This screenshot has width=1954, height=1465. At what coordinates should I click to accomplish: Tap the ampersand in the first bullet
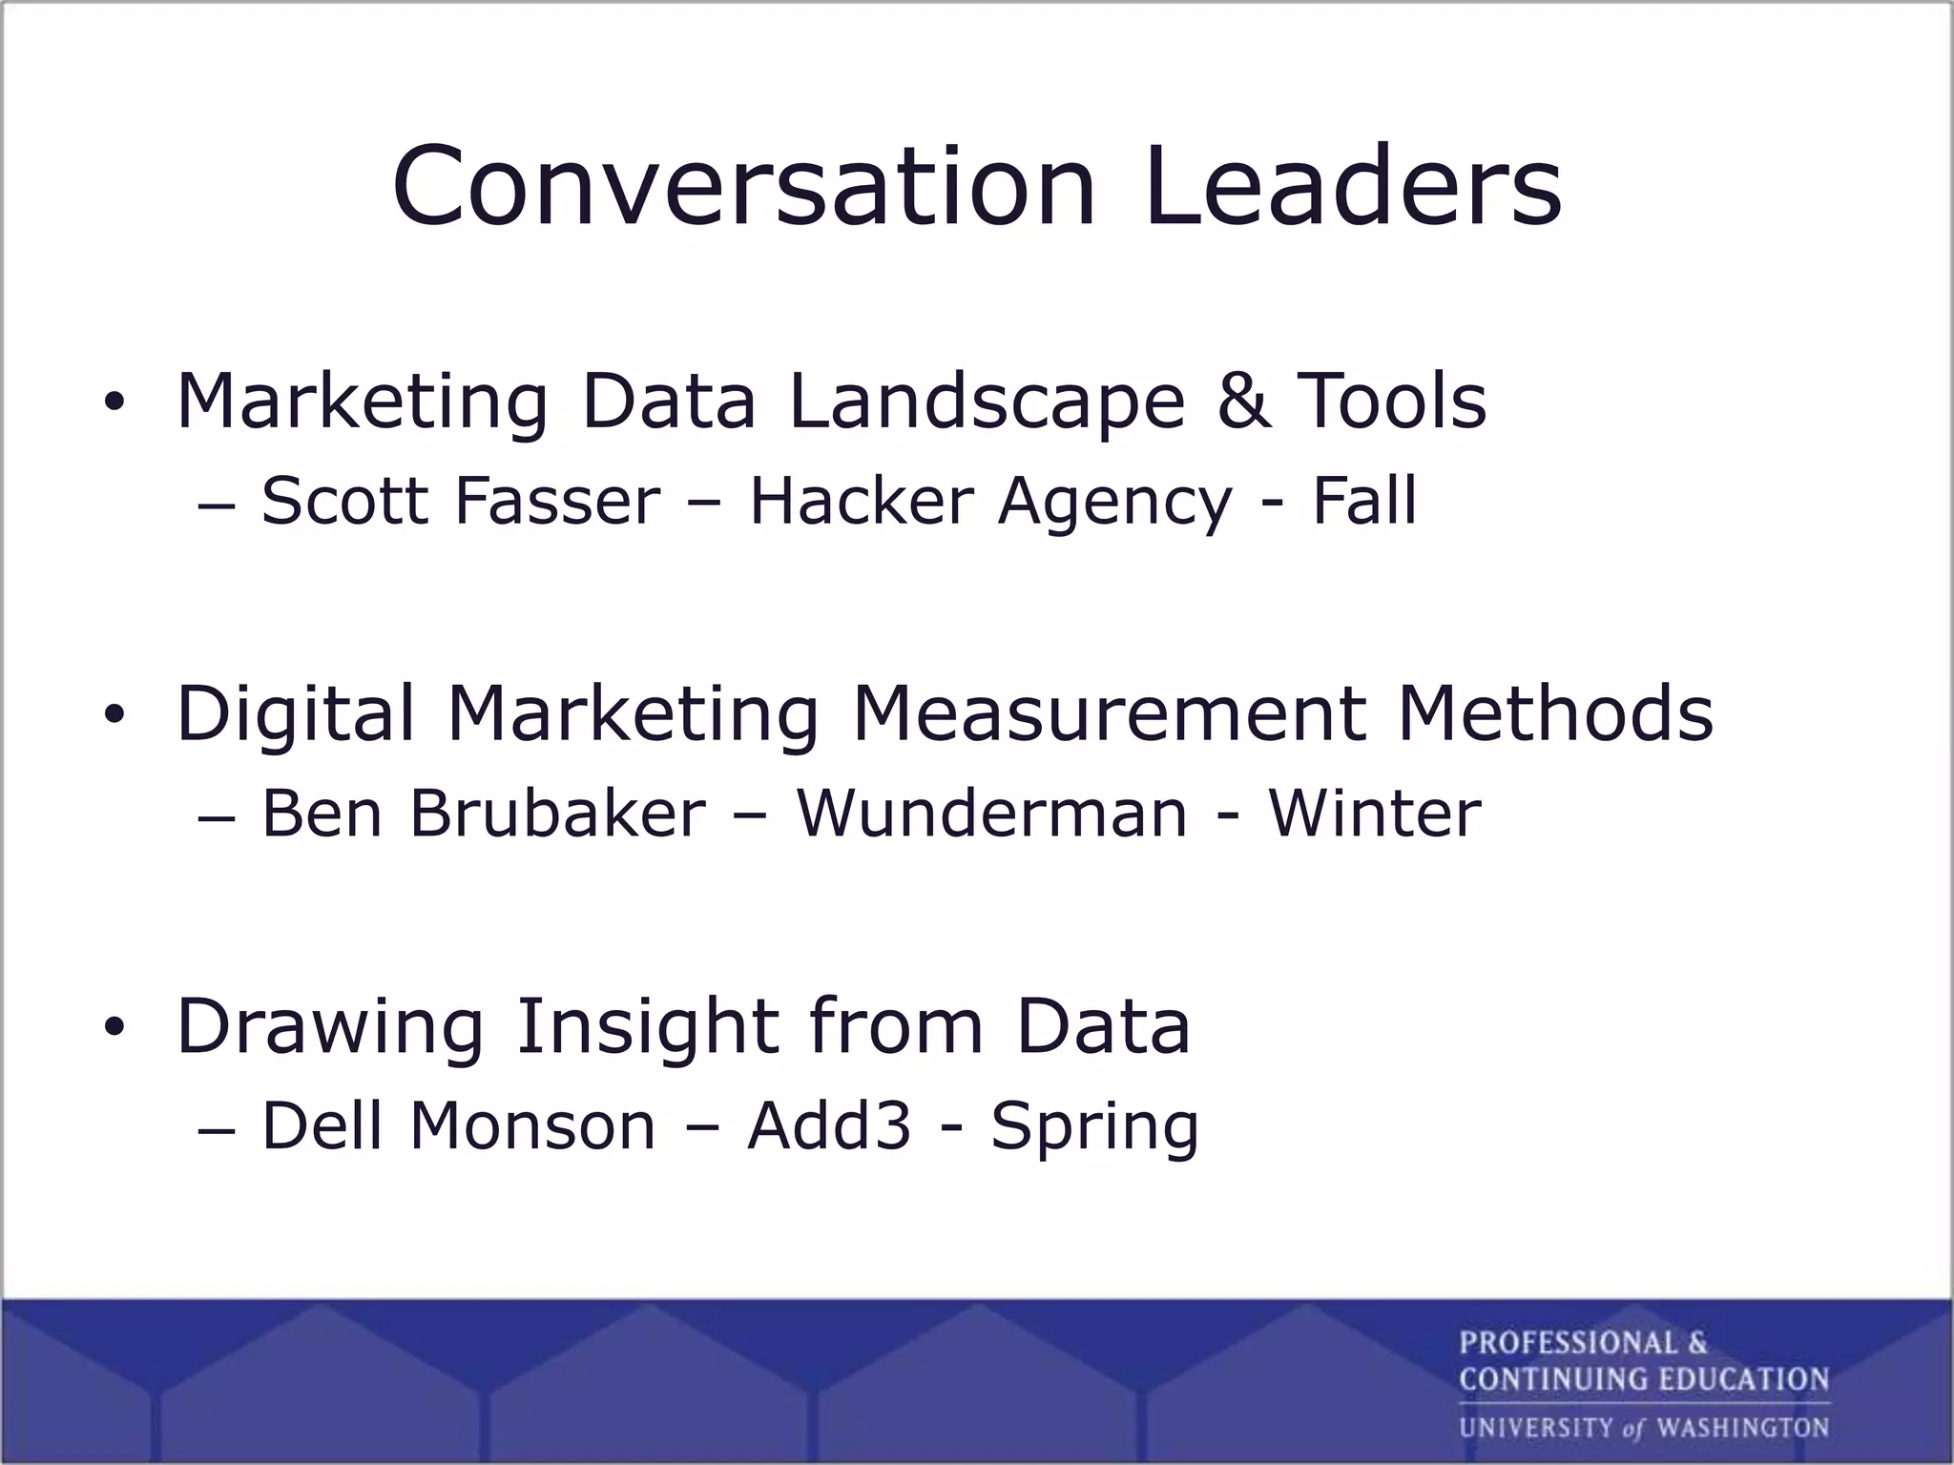click(x=1244, y=400)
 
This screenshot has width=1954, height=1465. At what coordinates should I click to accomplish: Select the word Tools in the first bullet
click(x=1392, y=400)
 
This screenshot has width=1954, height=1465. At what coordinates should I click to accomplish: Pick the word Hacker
click(x=861, y=500)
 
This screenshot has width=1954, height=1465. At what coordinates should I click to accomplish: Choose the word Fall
click(x=1364, y=500)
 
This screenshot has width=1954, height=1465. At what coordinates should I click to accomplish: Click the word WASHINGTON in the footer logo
click(x=1742, y=1428)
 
